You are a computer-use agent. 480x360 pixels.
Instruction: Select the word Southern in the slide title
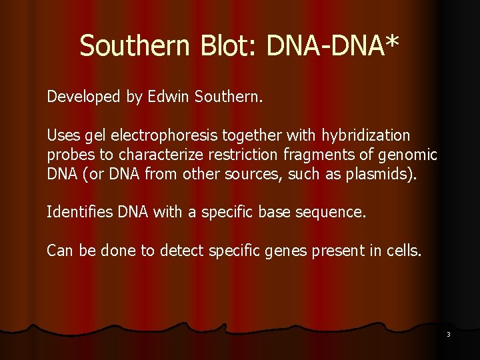tap(134, 46)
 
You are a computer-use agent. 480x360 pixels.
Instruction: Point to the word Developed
tap(84, 97)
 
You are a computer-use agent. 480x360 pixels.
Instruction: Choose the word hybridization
tap(366, 136)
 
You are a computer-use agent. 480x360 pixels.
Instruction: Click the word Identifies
tap(79, 213)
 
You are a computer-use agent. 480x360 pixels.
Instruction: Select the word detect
tap(181, 251)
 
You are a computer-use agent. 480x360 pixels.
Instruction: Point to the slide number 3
tap(449, 335)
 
